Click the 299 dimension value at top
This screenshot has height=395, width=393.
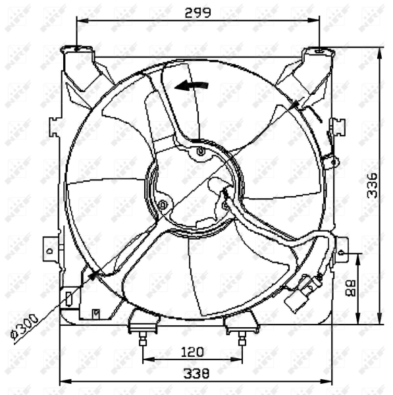pyautogui.click(x=197, y=12)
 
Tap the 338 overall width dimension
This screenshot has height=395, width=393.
pyautogui.click(x=196, y=373)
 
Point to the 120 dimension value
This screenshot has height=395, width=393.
pyautogui.click(x=192, y=352)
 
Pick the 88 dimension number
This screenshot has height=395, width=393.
pyautogui.click(x=351, y=288)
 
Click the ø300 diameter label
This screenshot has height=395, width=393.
pyautogui.click(x=26, y=326)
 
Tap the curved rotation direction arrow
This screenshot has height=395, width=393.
pyautogui.click(x=192, y=86)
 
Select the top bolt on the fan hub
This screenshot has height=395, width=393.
pyautogui.click(x=201, y=153)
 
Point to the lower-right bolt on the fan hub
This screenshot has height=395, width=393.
pyautogui.click(x=225, y=206)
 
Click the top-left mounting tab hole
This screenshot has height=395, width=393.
pyautogui.click(x=78, y=48)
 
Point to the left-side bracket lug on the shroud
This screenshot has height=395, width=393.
pyautogui.click(x=49, y=250)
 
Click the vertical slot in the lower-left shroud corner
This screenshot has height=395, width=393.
pyautogui.click(x=68, y=299)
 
